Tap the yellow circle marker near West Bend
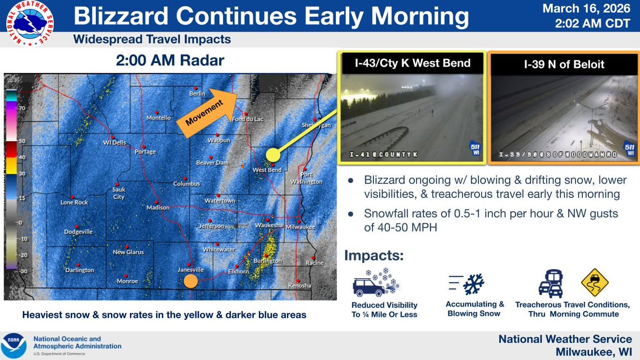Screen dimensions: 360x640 273,155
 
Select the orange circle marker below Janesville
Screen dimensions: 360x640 190,281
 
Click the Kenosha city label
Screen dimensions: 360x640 299,286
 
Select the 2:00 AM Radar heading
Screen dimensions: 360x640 170,61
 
